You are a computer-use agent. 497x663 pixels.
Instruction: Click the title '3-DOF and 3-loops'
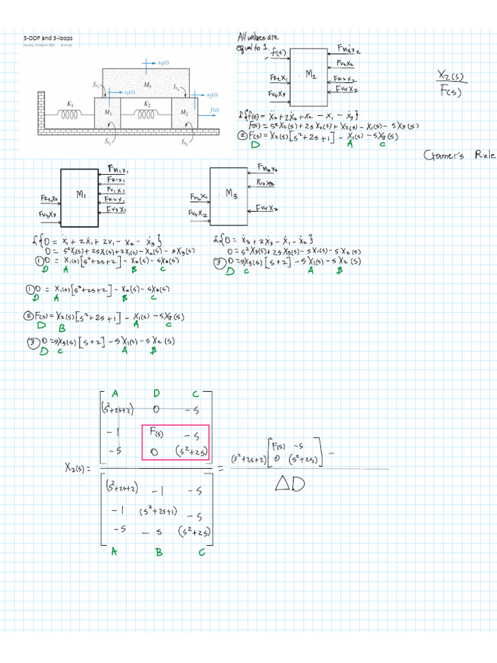(x=49, y=38)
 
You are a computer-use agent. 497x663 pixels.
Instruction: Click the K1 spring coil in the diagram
(x=69, y=114)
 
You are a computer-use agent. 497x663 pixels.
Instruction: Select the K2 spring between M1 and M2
(x=147, y=114)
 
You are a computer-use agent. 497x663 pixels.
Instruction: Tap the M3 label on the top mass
(x=147, y=85)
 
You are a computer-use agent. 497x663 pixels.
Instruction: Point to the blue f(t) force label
(x=214, y=111)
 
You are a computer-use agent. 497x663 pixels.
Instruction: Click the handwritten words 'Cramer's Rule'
(x=460, y=155)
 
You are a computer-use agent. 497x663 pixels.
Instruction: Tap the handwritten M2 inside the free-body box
(x=310, y=76)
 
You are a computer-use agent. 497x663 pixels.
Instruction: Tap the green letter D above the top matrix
(x=157, y=394)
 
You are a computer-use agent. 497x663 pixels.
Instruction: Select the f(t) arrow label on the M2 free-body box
(x=280, y=52)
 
